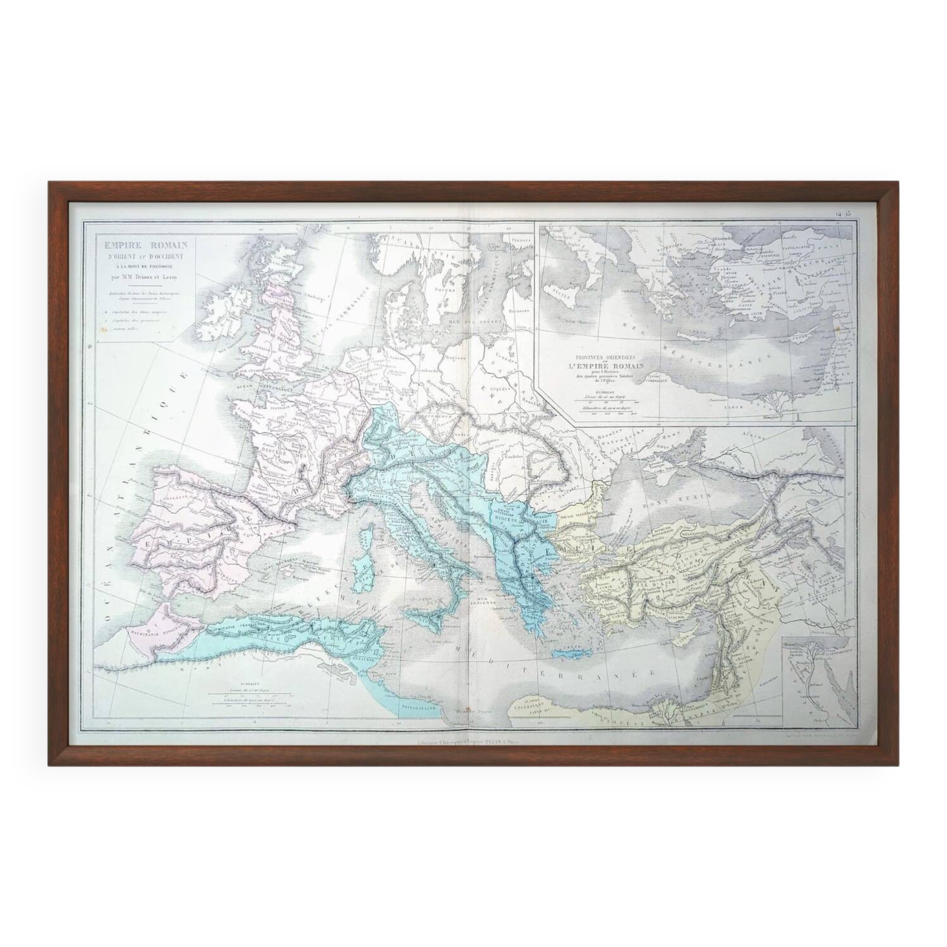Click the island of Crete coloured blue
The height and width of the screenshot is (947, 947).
(572, 653)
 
